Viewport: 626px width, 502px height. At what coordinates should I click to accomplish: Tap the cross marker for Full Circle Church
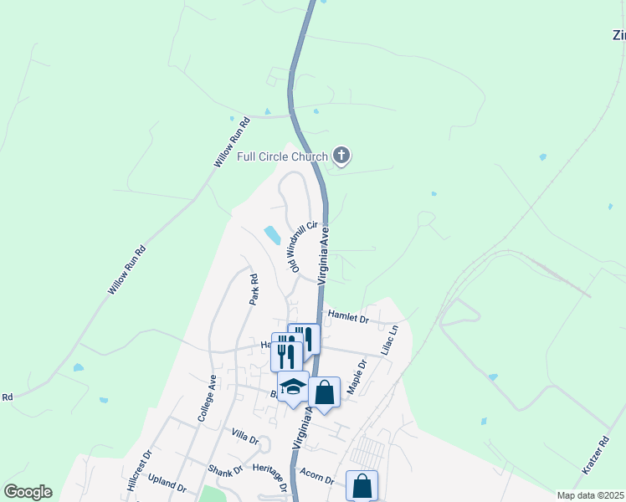[x=341, y=155]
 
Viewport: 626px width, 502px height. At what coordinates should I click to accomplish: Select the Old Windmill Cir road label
[x=303, y=246]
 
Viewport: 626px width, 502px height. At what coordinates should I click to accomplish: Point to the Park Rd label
[x=254, y=288]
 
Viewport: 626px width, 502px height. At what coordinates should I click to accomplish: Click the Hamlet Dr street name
[x=349, y=318]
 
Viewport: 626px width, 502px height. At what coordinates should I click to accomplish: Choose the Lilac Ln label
[x=389, y=341]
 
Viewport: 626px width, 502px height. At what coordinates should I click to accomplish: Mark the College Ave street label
[x=207, y=397]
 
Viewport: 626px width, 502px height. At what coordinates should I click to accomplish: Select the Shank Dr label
[x=225, y=469]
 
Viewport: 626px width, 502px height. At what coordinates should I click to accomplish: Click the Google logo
[x=28, y=492]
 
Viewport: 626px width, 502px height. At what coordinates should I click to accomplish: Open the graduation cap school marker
[x=293, y=387]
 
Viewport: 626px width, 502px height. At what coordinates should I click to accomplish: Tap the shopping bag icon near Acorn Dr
[x=362, y=484]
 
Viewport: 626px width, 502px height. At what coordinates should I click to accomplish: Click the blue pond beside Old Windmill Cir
[x=273, y=236]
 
